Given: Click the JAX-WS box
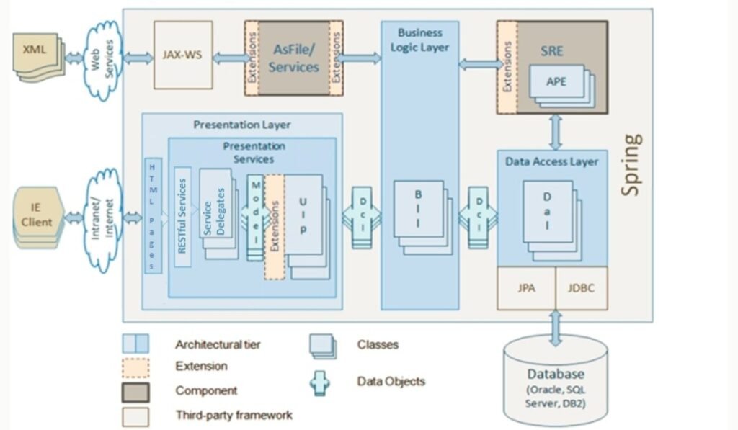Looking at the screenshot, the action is click(x=183, y=55).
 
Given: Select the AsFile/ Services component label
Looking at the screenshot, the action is click(x=294, y=58).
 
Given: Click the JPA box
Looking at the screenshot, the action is click(x=526, y=288).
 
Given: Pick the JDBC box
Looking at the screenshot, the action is click(x=582, y=288).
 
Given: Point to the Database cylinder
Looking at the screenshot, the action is click(x=556, y=380).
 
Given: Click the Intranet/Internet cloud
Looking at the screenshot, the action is click(x=104, y=218).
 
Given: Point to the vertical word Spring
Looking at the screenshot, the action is click(x=631, y=165).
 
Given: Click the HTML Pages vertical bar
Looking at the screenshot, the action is click(x=153, y=216).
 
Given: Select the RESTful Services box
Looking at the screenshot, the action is click(x=182, y=216).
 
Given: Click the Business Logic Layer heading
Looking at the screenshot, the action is click(x=420, y=40).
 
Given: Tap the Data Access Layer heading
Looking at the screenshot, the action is click(x=551, y=162).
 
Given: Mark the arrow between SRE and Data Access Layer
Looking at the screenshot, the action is click(x=556, y=133).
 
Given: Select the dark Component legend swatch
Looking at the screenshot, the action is click(x=135, y=391).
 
